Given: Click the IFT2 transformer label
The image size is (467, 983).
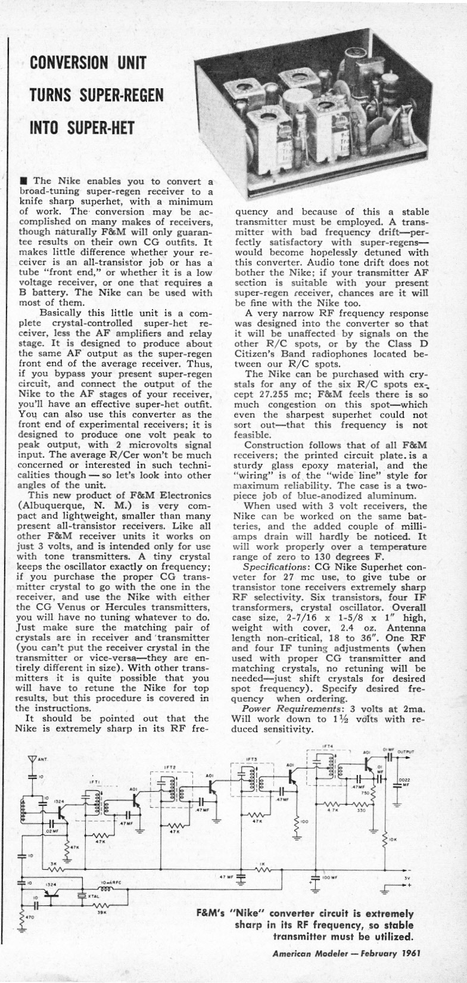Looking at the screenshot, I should tap(169, 767).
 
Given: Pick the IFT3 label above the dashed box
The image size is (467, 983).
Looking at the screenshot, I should tap(251, 759).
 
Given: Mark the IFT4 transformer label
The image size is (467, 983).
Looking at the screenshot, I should tap(327, 746).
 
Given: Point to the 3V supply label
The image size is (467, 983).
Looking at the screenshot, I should tap(406, 877).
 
